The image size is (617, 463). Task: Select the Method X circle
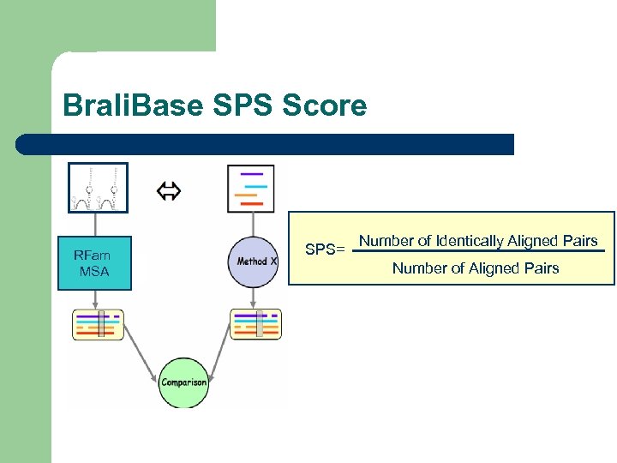point(254,262)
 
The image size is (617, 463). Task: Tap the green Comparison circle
point(183,382)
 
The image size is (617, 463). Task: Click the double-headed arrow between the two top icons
point(168,191)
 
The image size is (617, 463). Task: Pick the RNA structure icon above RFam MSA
point(98,188)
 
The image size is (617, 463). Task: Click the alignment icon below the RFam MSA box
point(98,325)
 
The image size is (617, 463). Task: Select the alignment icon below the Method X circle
point(255,325)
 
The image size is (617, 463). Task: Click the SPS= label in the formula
point(325,250)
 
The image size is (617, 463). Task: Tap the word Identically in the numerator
point(470,241)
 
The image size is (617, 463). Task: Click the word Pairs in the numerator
point(578,241)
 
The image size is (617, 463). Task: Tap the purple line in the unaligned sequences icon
point(252,174)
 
